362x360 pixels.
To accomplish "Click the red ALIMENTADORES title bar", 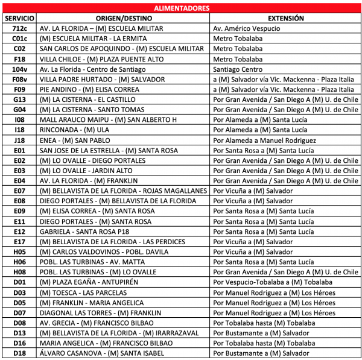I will point(181,8).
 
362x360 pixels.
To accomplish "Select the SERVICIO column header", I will point(19,18).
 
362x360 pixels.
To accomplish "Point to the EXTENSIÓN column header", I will point(285,18).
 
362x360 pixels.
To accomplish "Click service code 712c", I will point(19,28).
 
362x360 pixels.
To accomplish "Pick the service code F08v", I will point(19,80).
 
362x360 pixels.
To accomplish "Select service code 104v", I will point(19,69).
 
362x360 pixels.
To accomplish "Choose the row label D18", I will point(19,353).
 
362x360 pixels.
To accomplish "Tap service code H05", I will point(19,251).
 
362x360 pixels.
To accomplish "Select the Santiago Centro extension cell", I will point(238,69).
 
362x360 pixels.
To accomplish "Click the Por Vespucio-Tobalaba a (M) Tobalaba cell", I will point(272,282).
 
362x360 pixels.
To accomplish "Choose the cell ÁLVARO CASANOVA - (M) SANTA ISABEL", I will point(102,353).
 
